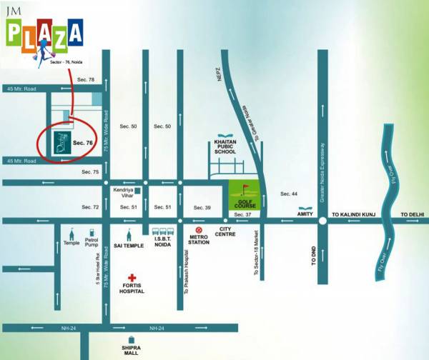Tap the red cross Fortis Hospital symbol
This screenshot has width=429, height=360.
click(132, 278)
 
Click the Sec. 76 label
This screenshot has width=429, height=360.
click(84, 144)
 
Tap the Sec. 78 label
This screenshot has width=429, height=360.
click(86, 80)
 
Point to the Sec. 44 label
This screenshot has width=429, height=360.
click(289, 194)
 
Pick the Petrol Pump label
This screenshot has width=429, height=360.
click(92, 243)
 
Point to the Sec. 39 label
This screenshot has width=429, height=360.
click(202, 207)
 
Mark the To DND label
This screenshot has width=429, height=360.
click(312, 256)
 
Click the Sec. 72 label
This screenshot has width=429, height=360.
click(90, 207)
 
